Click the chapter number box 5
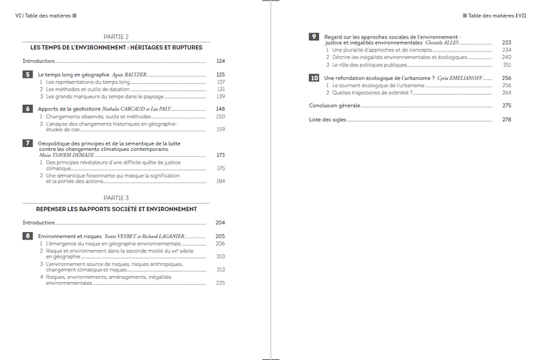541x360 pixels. coord(27,74)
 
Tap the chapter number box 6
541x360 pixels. coord(27,108)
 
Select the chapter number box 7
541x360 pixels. coord(27,143)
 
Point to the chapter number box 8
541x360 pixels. coord(27,235)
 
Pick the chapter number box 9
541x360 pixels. coord(314,37)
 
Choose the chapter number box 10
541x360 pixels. coord(314,78)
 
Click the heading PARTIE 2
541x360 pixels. coord(116,37)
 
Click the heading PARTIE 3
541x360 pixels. coord(116,198)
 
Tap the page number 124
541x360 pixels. coord(220,61)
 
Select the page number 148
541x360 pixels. coord(220,108)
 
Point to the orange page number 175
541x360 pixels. coord(220,168)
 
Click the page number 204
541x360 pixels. coord(220,223)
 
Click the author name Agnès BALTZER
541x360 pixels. coord(125,74)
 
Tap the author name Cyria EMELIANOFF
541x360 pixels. coord(466,78)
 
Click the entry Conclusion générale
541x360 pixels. coord(334,106)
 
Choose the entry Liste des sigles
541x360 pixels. coord(327,120)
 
